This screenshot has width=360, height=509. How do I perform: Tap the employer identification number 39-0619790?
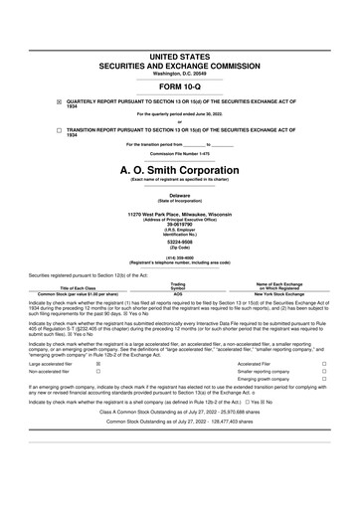point(180,224)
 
